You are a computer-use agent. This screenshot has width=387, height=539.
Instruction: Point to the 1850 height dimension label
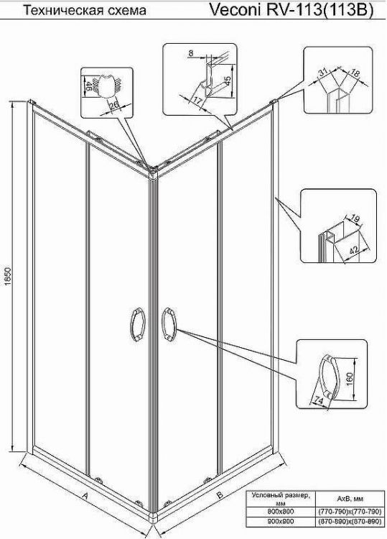[x=9, y=279]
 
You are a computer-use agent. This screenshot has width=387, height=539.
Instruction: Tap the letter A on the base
[x=84, y=496]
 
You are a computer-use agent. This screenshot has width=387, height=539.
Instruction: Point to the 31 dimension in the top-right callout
[x=323, y=71]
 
